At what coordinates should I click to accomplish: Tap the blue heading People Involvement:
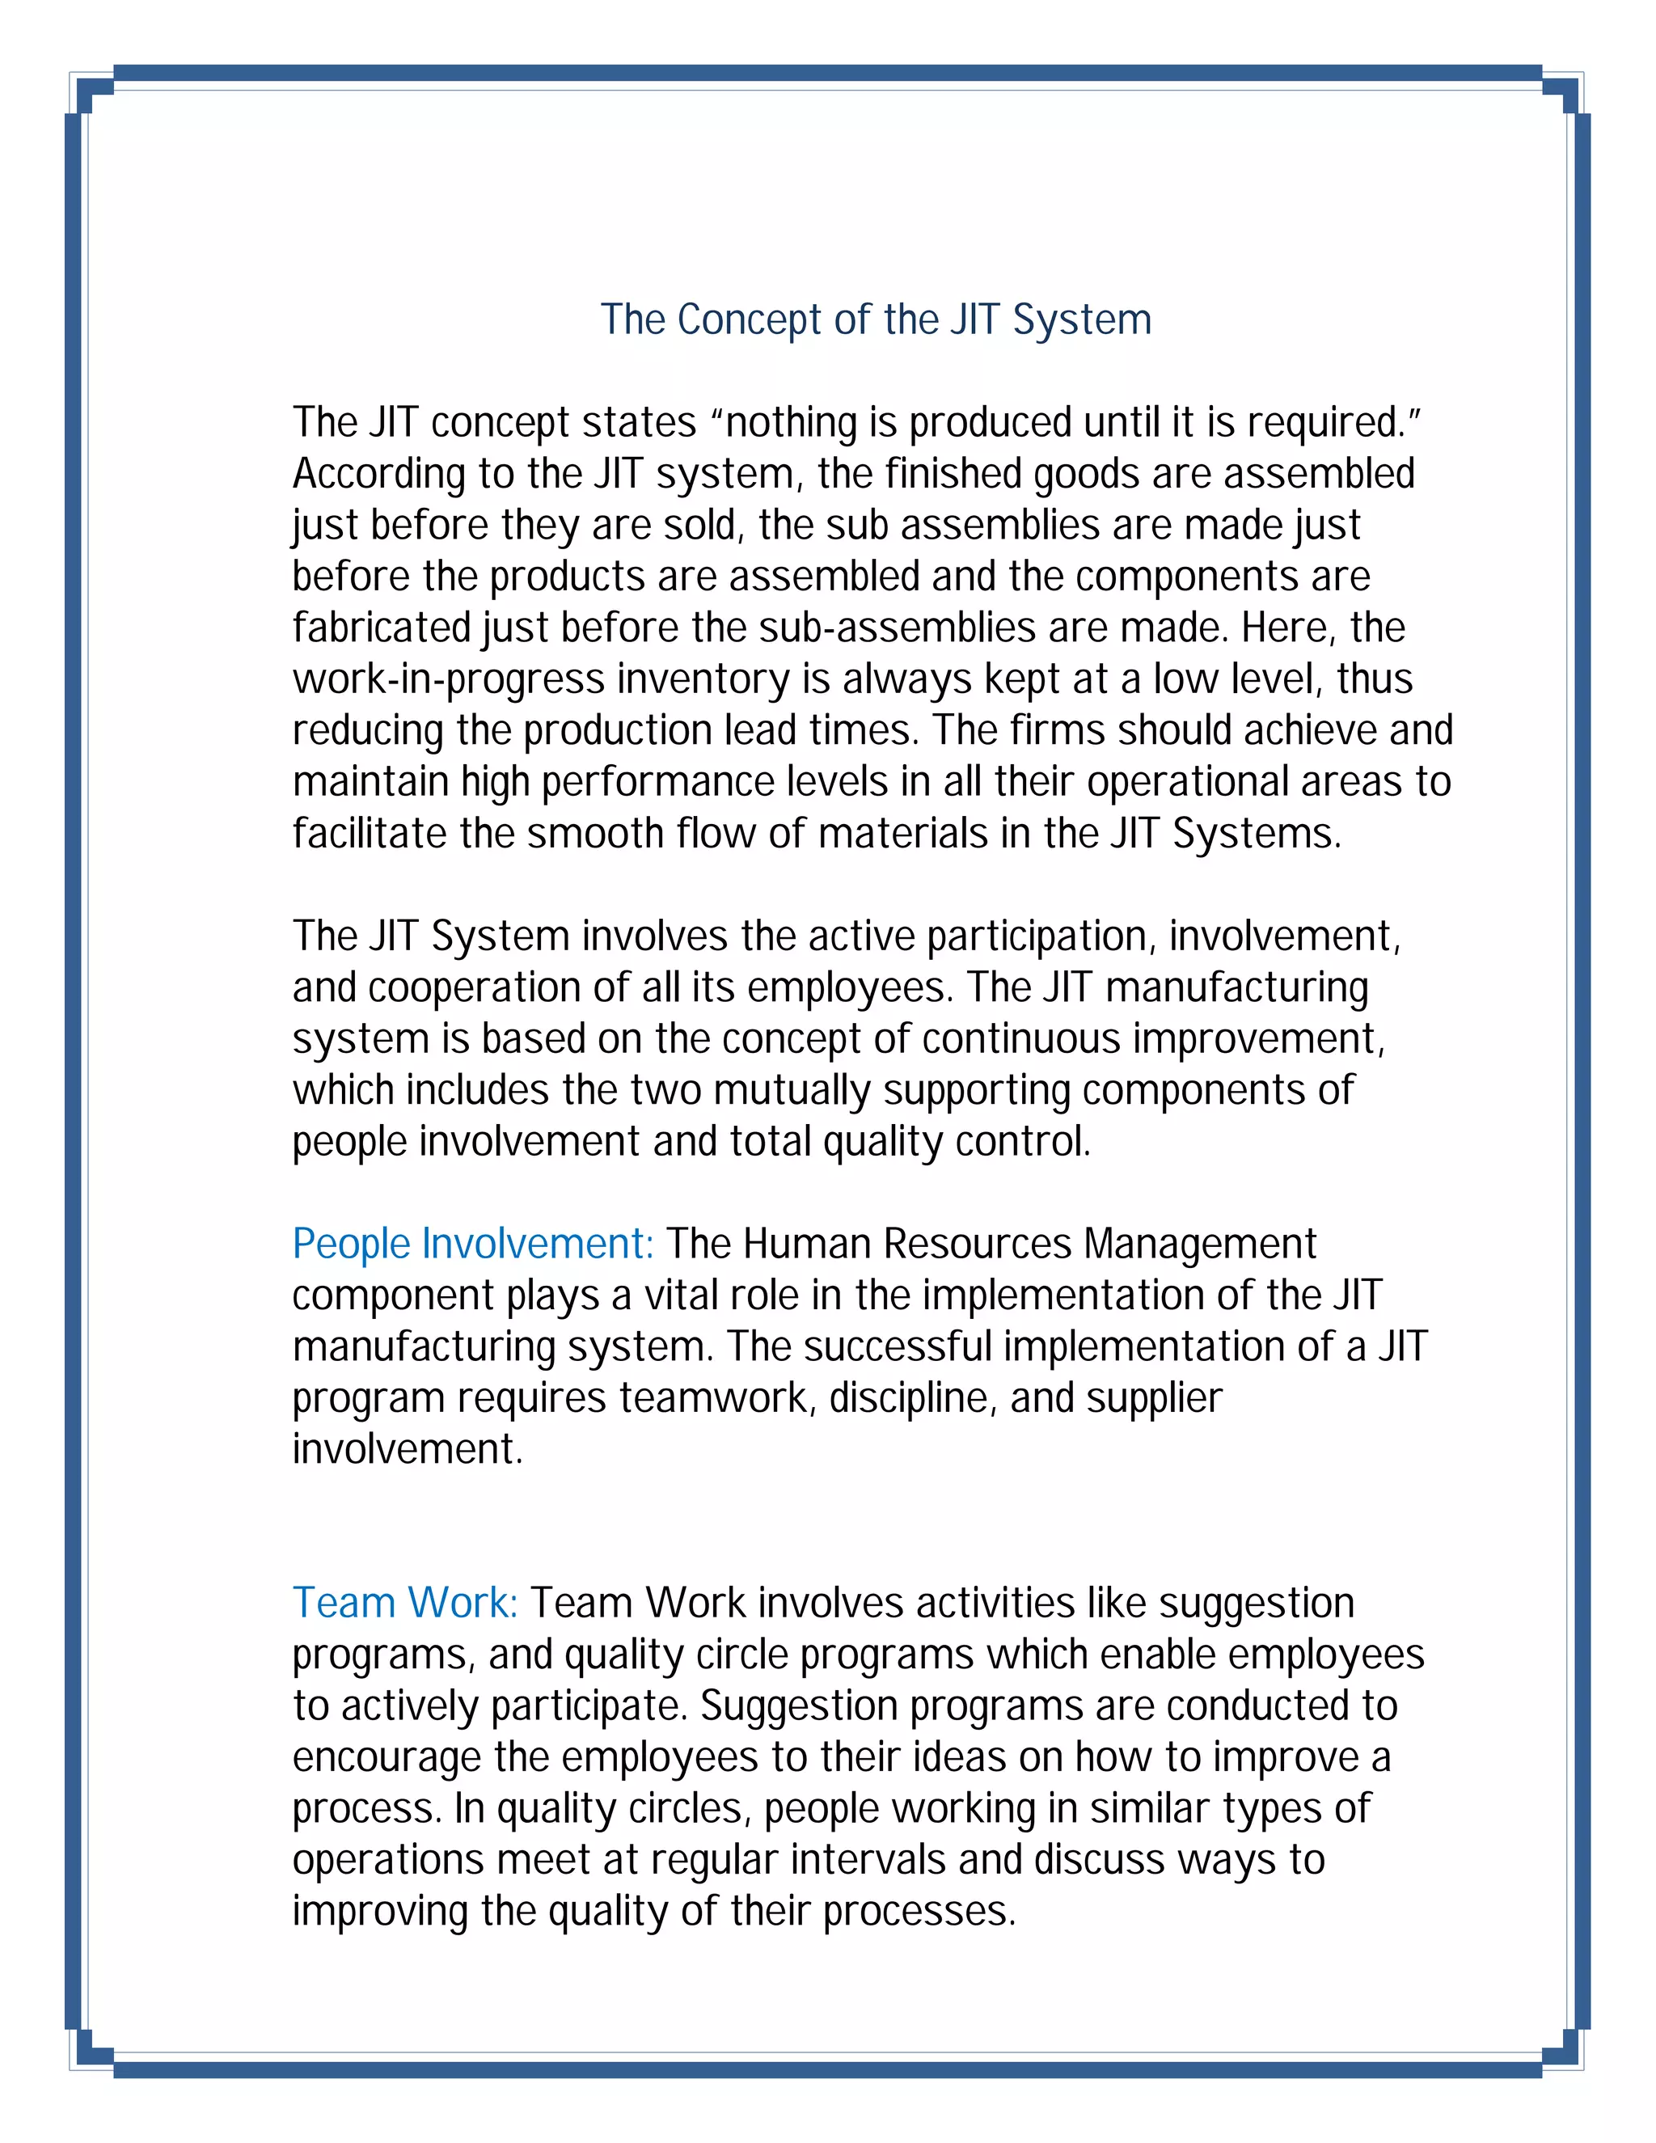click(x=473, y=1245)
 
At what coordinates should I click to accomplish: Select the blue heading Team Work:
click(x=405, y=1604)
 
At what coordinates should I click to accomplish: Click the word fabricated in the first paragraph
click(x=382, y=628)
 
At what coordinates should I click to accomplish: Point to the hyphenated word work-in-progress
click(x=448, y=680)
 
